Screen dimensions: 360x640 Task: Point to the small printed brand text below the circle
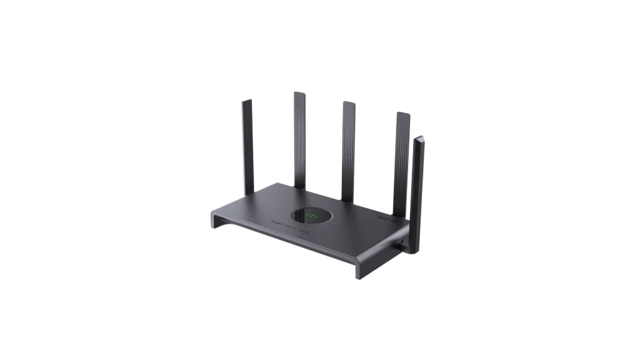coord(290,231)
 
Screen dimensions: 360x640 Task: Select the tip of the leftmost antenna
coord(247,98)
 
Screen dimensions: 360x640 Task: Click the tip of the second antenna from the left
coord(299,93)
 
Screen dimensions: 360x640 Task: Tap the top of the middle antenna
coord(348,102)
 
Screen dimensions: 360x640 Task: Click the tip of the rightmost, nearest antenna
coord(419,137)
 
